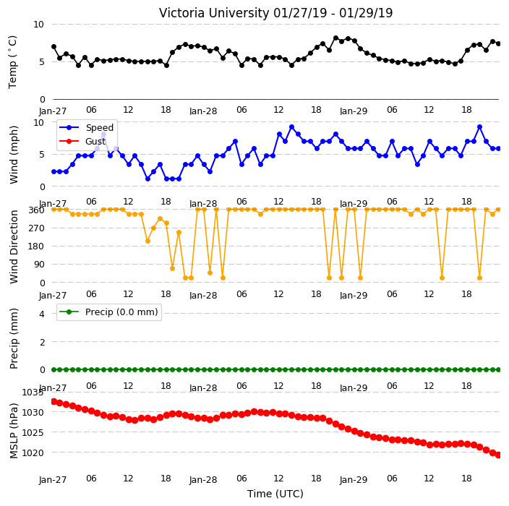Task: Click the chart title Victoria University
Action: point(214,13)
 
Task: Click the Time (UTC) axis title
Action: point(275,494)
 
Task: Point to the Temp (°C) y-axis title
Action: point(13,61)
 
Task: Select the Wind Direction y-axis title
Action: point(14,246)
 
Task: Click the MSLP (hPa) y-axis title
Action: point(14,430)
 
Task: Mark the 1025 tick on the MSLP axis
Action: point(33,433)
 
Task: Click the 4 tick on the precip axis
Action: point(42,314)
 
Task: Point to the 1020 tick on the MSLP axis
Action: point(33,453)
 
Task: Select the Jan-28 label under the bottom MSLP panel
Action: point(203,480)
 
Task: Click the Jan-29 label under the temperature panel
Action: point(354,111)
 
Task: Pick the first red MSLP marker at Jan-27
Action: point(54,401)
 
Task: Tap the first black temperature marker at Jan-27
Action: point(54,47)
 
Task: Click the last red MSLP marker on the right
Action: point(498,455)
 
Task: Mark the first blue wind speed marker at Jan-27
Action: point(54,172)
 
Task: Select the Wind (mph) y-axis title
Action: point(14,155)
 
